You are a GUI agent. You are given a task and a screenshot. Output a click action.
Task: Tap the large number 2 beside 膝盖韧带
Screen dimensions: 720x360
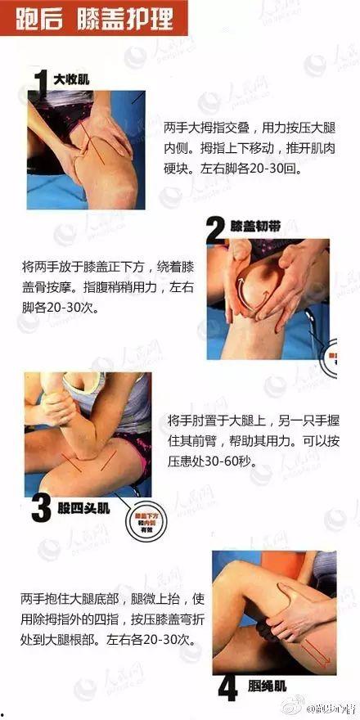(x=215, y=232)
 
